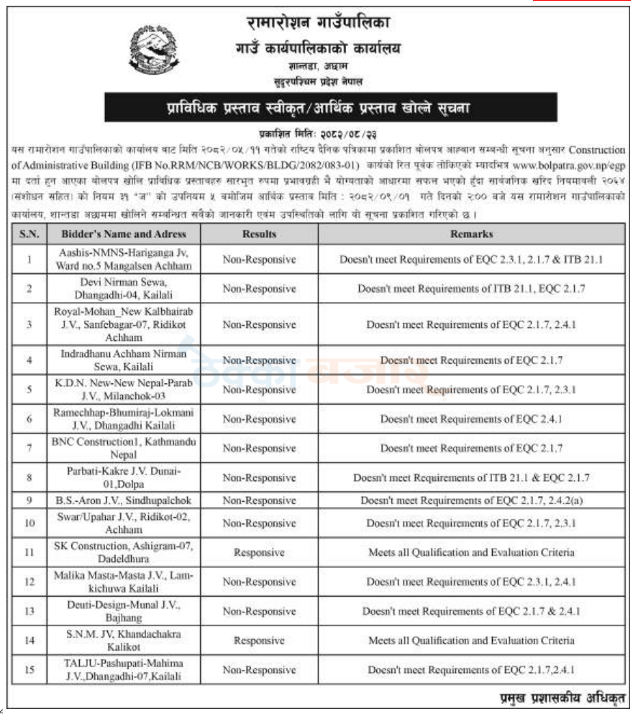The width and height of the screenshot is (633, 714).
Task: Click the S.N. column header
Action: tap(29, 234)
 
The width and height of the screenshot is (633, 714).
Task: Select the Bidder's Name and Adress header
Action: tap(123, 234)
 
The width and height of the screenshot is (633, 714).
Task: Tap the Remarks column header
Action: tap(472, 234)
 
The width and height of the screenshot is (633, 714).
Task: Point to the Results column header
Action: tap(259, 234)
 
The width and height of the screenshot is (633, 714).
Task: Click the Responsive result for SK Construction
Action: tap(259, 553)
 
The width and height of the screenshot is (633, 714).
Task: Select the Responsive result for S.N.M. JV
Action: tap(259, 641)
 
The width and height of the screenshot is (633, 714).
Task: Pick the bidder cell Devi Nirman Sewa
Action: tap(123, 288)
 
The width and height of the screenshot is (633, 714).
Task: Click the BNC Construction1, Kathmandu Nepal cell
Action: tap(123, 448)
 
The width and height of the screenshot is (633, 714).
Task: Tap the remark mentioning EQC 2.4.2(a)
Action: tap(472, 500)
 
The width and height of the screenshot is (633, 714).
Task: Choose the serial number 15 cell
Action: tap(29, 669)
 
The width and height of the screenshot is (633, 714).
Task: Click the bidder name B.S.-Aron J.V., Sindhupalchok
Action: tap(123, 500)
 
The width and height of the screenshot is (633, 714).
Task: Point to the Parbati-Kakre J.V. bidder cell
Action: tap(123, 477)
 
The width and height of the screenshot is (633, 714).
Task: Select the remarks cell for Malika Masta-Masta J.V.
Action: tap(472, 582)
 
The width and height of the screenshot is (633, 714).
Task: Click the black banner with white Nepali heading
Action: tap(331, 108)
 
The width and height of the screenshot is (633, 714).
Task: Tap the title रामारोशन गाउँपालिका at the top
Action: tap(317, 22)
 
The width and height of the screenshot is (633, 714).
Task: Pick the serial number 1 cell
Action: tap(29, 260)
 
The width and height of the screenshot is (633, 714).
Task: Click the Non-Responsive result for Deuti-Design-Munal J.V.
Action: tap(259, 611)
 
